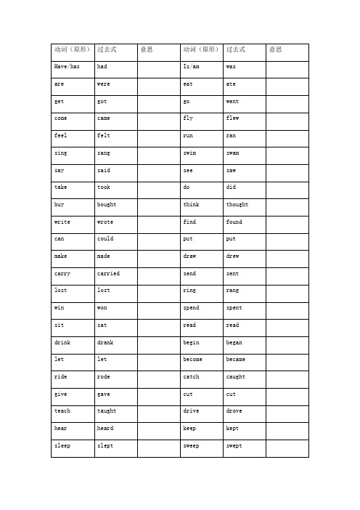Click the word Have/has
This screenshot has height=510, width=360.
click(x=67, y=67)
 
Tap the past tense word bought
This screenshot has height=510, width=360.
click(x=106, y=205)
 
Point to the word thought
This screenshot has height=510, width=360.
click(x=237, y=205)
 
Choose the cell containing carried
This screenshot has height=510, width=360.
click(x=108, y=274)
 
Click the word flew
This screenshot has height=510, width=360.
click(x=232, y=118)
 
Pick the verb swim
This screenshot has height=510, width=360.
click(x=191, y=153)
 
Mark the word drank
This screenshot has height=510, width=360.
click(x=105, y=342)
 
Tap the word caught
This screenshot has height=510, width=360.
click(x=236, y=377)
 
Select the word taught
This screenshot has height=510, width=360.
click(x=106, y=411)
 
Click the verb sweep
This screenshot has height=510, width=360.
click(x=192, y=445)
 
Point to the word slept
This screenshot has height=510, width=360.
click(x=105, y=445)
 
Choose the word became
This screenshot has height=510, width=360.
click(x=236, y=360)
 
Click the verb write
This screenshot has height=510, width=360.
click(x=63, y=222)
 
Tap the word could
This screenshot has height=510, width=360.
click(x=105, y=239)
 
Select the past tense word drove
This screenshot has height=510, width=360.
click(x=234, y=411)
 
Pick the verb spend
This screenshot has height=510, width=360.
click(x=192, y=308)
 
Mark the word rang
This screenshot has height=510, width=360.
click(x=232, y=291)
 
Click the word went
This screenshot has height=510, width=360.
click(x=232, y=102)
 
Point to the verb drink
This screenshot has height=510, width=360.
click(x=63, y=342)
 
